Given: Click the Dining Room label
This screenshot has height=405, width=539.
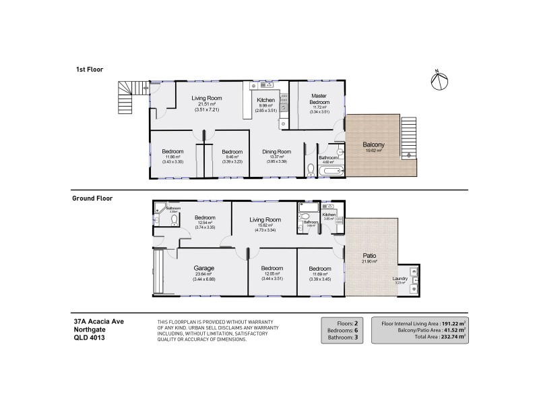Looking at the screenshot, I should tap(276, 152).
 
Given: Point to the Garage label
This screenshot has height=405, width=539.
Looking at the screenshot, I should tap(203, 268).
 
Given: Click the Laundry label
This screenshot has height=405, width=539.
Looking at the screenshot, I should tap(401, 279).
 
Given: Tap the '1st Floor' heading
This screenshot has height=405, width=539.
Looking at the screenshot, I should tap(88, 70).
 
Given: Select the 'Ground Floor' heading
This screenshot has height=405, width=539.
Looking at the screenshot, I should tap(92, 198).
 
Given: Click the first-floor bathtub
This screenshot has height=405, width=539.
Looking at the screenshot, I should tap(332, 171).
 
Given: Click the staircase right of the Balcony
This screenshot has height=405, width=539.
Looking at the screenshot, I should tap(409, 136).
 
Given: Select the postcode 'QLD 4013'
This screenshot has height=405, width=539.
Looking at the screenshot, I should tap(89, 338).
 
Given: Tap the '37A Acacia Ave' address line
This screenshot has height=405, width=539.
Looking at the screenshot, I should tap(98, 321).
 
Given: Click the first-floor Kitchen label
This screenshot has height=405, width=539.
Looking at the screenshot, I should tap(266, 100).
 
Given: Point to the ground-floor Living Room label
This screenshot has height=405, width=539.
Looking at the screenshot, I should tap(265, 219).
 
